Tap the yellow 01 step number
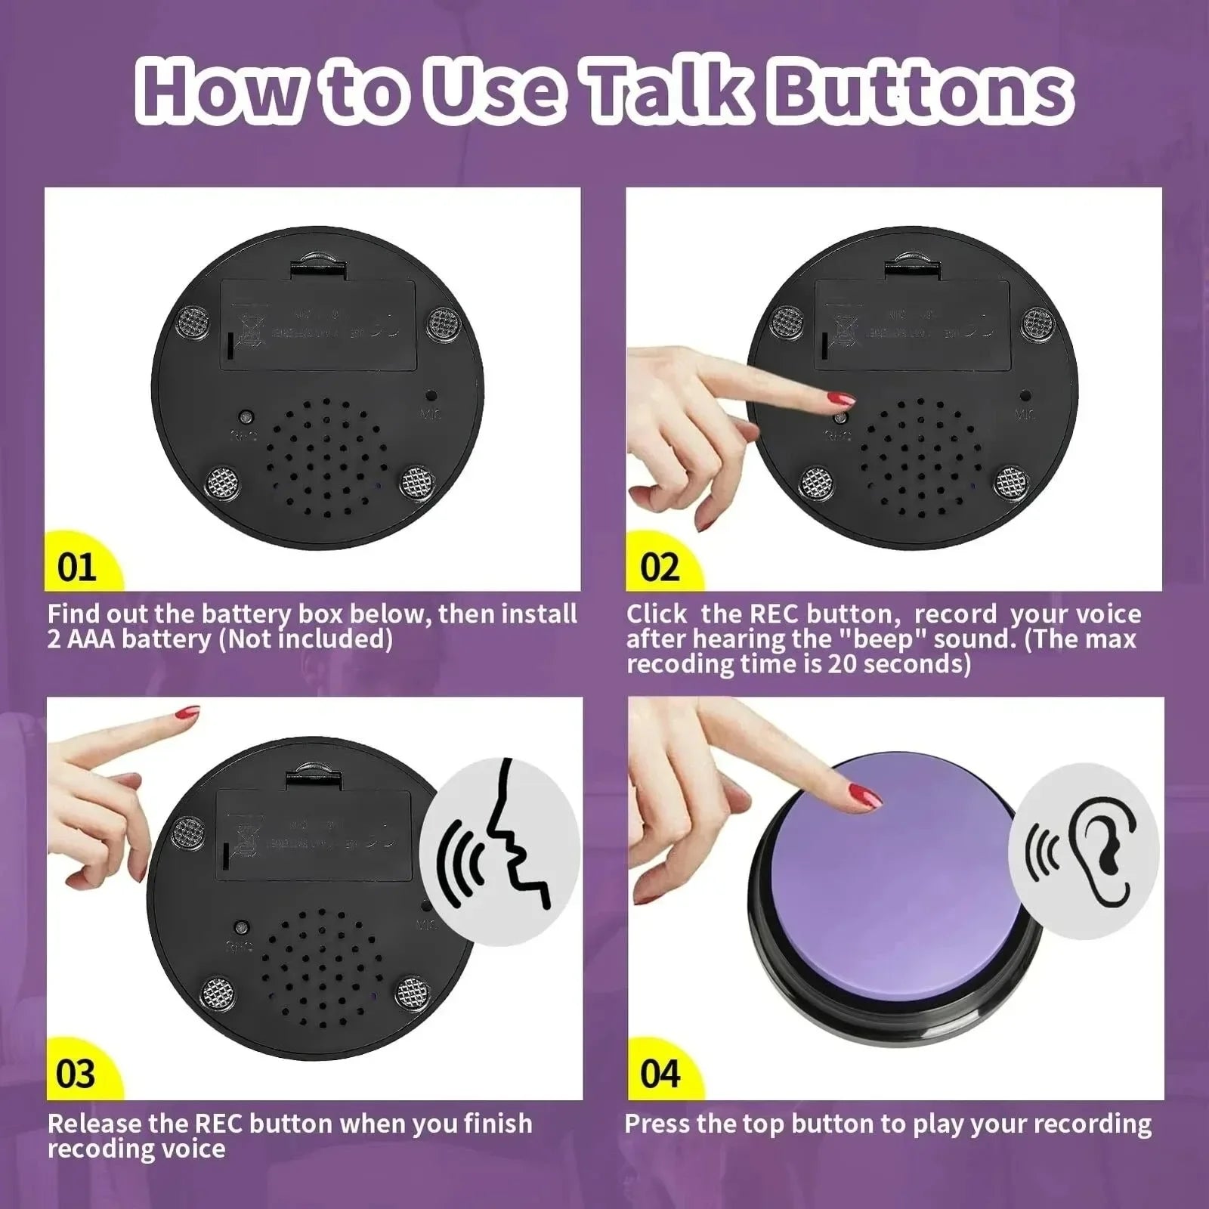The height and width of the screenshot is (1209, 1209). (76, 567)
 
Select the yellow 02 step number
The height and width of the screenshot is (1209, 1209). (660, 567)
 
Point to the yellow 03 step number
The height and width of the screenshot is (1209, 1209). (76, 1074)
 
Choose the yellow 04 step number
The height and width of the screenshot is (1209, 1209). (660, 1074)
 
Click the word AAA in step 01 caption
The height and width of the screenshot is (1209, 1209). (90, 639)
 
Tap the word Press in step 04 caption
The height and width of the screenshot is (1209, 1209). (657, 1124)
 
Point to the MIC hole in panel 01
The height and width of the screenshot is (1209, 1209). (429, 395)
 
